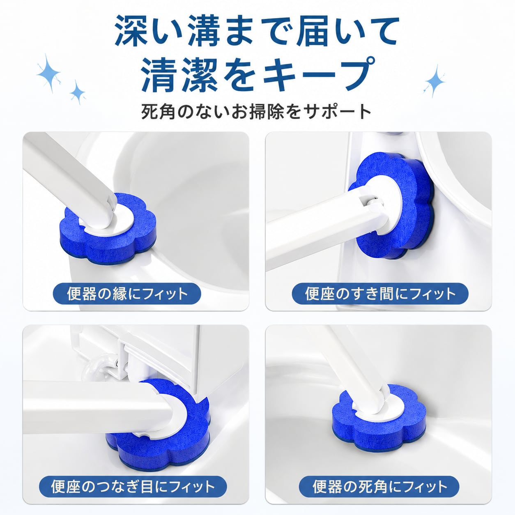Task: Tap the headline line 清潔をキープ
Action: pyautogui.click(x=257, y=75)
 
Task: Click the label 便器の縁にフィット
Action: pyautogui.click(x=127, y=294)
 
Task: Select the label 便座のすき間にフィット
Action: pyautogui.click(x=380, y=294)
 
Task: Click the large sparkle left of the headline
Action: pyautogui.click(x=48, y=73)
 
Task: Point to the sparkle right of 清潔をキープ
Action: pyautogui.click(x=435, y=81)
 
